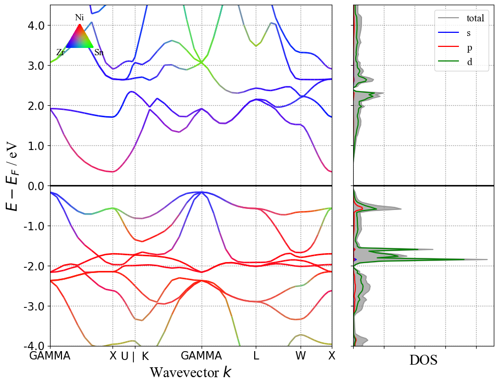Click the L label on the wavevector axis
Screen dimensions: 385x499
(256, 356)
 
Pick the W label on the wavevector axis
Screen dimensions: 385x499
(301, 356)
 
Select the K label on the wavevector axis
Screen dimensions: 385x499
(145, 356)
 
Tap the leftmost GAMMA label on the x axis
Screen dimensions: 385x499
(51, 356)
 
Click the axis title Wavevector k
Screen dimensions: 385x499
(191, 372)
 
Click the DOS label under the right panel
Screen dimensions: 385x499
(423, 360)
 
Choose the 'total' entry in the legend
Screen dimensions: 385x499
(475, 18)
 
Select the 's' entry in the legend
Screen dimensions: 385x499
(469, 33)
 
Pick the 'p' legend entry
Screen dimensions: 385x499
(469, 47)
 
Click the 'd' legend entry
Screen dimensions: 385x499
(469, 62)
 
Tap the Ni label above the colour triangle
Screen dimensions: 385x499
(79, 18)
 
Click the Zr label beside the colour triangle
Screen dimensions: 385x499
(60, 53)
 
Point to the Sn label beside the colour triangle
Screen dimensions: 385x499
(98, 53)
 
